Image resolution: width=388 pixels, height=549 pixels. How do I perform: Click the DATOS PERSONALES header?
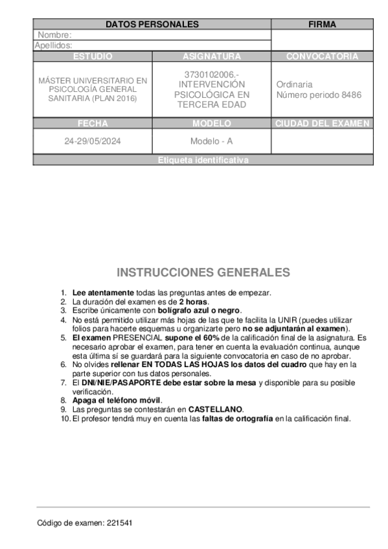[152, 24]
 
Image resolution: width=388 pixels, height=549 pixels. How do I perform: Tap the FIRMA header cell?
[322, 24]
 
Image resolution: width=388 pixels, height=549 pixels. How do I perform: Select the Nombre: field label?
[54, 35]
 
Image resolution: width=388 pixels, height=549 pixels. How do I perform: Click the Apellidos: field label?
[53, 45]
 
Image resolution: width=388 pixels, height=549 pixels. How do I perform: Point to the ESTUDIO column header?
[93, 56]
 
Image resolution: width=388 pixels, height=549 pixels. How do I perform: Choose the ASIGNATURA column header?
[212, 56]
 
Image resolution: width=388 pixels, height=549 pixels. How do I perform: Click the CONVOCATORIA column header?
[322, 56]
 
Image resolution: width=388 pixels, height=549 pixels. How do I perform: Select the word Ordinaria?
[294, 84]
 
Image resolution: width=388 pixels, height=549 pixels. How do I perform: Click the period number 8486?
[350, 95]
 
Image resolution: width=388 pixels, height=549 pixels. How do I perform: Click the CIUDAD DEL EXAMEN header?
[322, 124]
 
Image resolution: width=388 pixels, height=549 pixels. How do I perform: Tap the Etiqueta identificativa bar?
[203, 161]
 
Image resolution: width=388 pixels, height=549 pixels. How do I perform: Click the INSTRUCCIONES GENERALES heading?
[203, 273]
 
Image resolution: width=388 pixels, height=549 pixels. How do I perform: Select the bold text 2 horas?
[194, 302]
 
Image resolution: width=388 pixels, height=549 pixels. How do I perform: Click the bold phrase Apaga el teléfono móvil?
[116, 400]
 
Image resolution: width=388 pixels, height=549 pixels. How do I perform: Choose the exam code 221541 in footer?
[120, 522]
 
